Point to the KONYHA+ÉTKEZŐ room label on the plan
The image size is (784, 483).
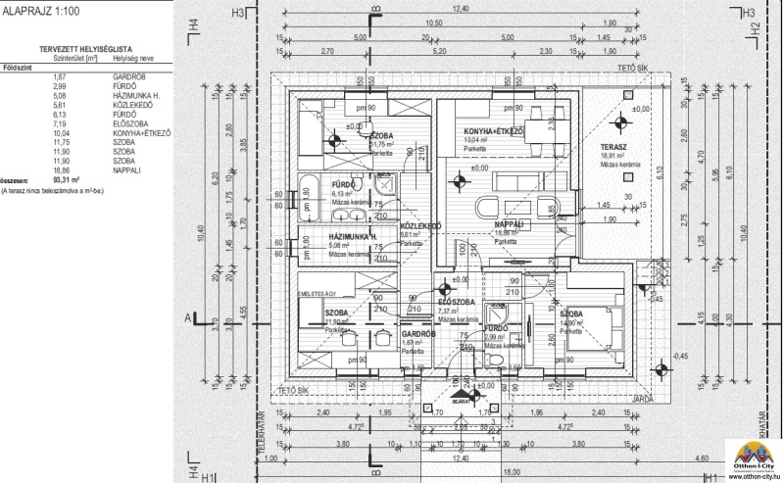492,131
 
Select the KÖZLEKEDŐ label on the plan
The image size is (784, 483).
420,226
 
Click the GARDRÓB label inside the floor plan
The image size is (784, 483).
418,333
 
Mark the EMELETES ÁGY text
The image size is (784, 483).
318,293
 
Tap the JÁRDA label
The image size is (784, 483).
642,398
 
